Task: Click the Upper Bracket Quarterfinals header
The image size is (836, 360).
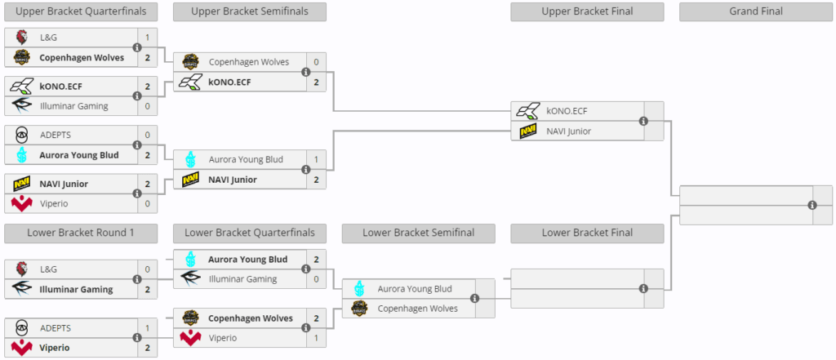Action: (x=81, y=11)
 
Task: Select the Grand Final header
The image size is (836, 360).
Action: (x=755, y=11)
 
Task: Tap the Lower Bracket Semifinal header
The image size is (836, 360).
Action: (x=419, y=233)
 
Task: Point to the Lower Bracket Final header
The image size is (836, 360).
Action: (x=587, y=233)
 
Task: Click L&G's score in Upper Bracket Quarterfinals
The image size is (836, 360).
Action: (x=148, y=38)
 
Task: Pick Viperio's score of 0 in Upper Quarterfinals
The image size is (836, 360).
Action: (x=148, y=203)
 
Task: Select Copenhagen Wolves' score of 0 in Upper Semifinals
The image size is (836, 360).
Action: (x=316, y=62)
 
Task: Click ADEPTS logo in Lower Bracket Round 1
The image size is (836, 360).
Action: (x=22, y=328)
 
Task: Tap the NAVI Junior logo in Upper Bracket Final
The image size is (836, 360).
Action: (x=528, y=131)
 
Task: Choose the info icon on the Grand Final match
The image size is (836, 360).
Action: (x=812, y=205)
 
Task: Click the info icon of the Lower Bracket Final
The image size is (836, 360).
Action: (x=643, y=288)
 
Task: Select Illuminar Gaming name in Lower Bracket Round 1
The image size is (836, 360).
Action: (x=76, y=290)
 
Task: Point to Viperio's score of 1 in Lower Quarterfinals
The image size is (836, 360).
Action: (x=316, y=338)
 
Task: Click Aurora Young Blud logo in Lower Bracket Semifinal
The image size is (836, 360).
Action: (x=359, y=289)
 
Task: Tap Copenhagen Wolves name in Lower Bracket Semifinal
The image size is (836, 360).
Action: (x=417, y=309)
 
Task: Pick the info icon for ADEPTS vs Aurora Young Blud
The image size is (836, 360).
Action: (x=137, y=145)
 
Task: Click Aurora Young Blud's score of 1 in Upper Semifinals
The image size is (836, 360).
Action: (x=316, y=159)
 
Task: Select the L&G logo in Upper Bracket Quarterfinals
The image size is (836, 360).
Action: (x=22, y=38)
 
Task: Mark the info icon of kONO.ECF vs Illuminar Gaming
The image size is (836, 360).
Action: (x=137, y=96)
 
